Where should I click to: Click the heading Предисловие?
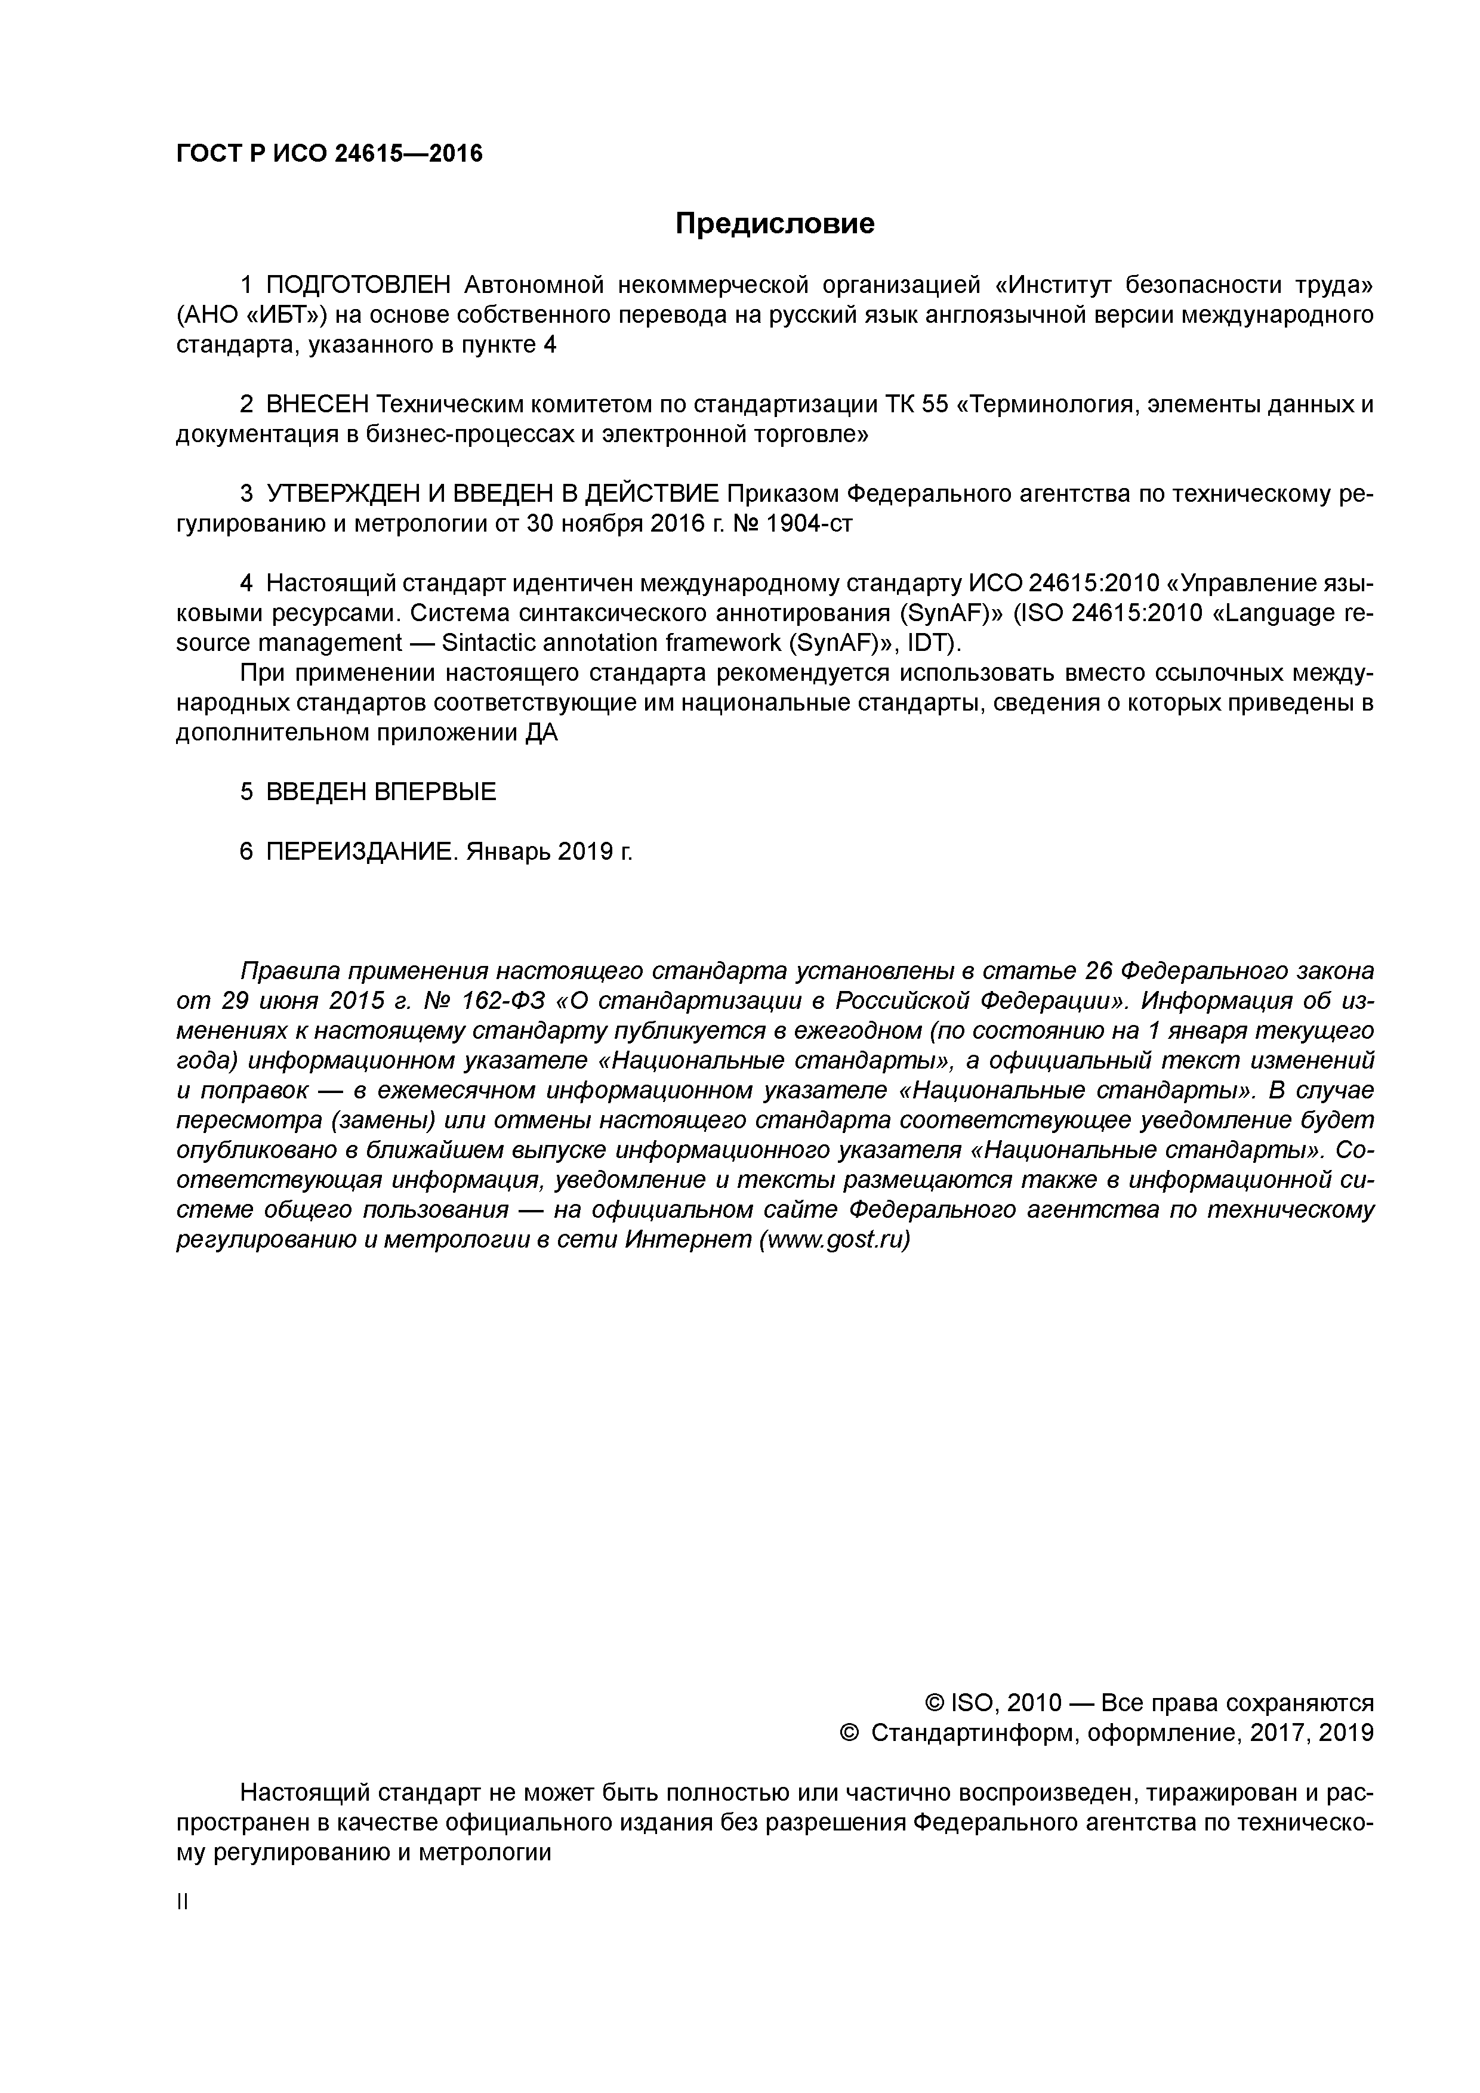tap(774, 223)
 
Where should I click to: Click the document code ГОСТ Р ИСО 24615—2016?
tap(329, 154)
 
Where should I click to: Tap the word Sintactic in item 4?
tap(492, 643)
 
